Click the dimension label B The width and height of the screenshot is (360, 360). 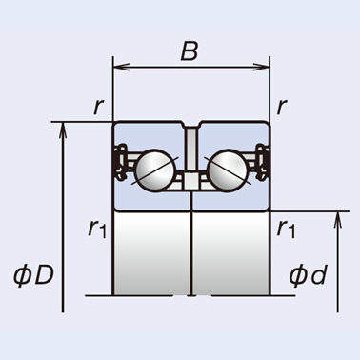190,50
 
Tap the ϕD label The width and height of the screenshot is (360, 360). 33,275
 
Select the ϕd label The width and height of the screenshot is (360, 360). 308,275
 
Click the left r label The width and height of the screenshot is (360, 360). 98,107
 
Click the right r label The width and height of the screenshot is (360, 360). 282,107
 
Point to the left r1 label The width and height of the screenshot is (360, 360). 97,229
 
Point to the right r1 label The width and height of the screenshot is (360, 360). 286,229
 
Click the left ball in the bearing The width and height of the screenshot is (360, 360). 154,170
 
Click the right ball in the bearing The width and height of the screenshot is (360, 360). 228,170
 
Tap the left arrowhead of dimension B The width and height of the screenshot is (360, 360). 121,67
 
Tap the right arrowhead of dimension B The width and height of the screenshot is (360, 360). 261,67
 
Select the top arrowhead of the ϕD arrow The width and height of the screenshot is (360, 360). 63,130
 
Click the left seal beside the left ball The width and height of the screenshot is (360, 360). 120,163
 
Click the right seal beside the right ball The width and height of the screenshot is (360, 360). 262,163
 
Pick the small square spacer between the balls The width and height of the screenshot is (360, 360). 191,181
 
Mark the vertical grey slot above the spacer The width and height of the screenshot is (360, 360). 191,149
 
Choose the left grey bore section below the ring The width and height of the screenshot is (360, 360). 151,253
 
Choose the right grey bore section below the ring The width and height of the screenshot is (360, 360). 230,253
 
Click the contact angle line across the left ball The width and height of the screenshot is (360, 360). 155,170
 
